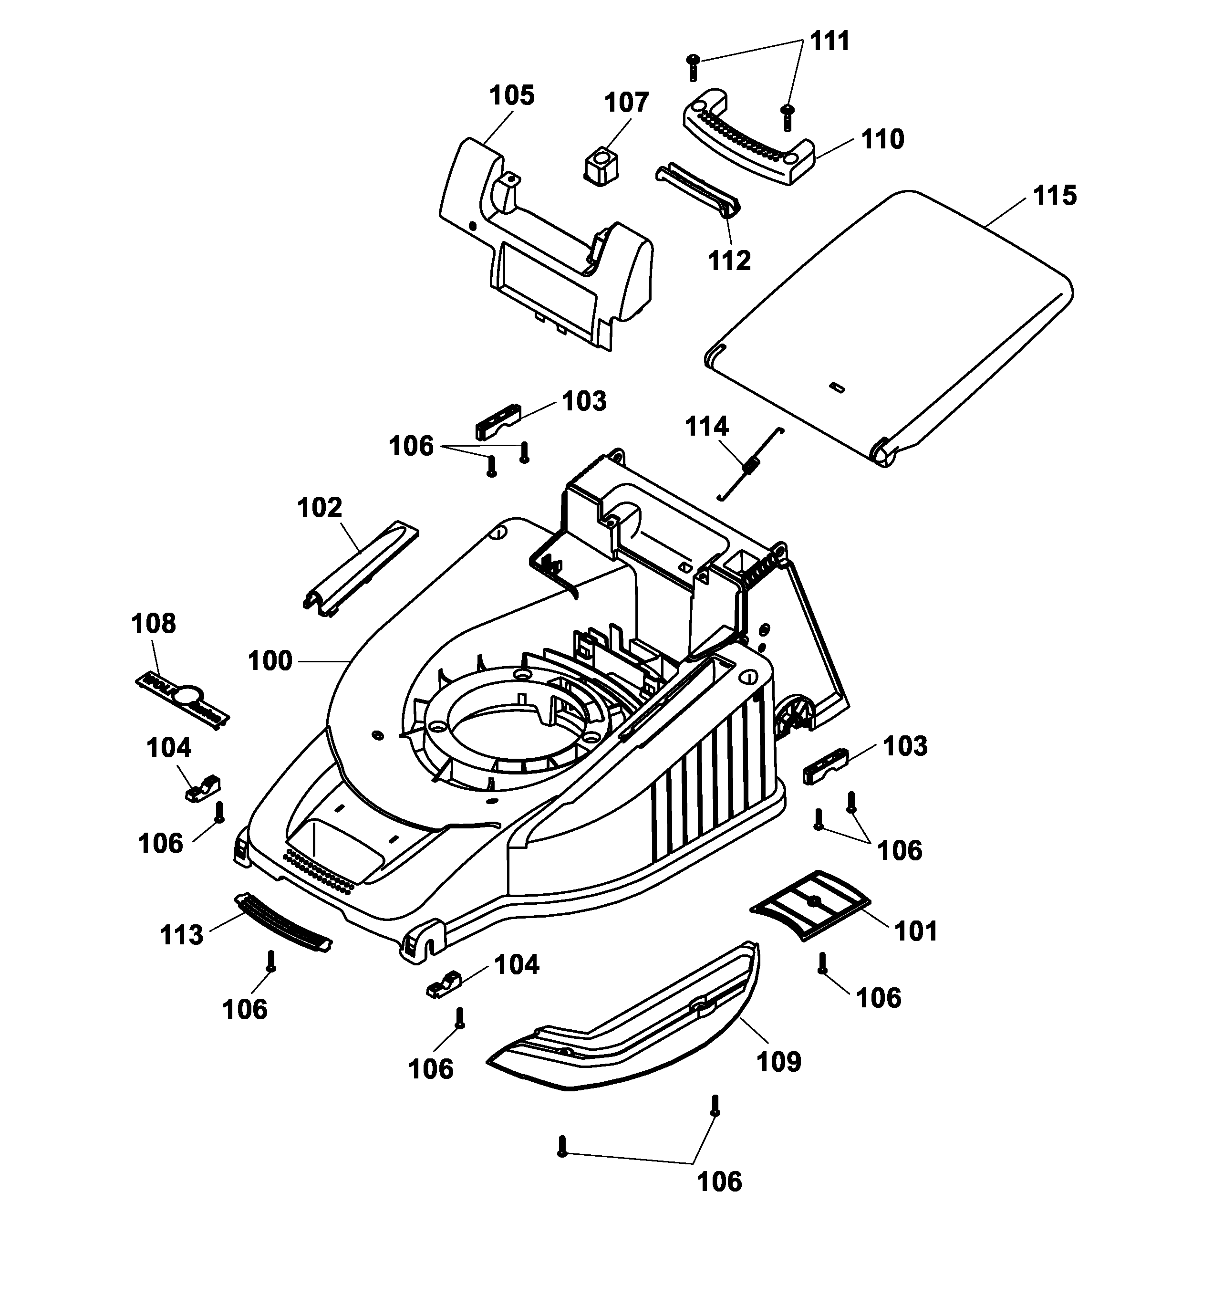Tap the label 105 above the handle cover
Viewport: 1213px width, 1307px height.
click(x=512, y=96)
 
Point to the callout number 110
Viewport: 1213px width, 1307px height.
click(x=882, y=140)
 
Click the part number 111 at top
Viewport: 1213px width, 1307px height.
click(x=829, y=42)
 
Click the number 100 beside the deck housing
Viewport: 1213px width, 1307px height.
click(x=270, y=661)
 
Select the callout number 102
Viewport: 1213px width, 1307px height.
click(x=320, y=508)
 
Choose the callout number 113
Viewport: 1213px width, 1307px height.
click(x=182, y=935)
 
